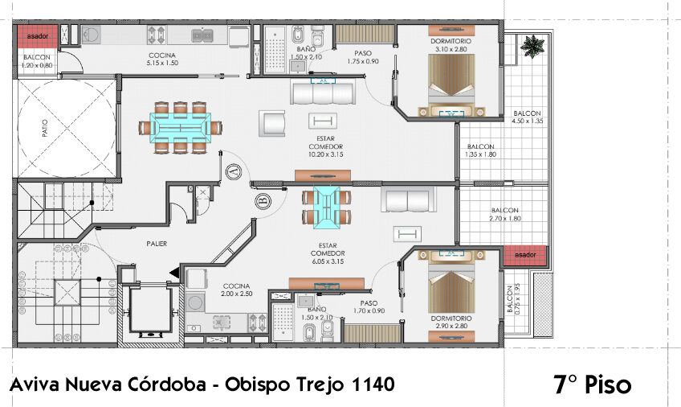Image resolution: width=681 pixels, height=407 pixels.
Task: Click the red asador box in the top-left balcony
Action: (37, 36)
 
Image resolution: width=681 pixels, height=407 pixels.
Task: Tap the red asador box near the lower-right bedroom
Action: (526, 255)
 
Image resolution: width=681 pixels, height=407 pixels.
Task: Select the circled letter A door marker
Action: (234, 171)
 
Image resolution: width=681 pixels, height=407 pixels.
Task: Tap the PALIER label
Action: (157, 244)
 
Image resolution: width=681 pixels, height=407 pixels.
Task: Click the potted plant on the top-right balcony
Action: (531, 46)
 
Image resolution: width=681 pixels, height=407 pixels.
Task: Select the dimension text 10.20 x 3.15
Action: (325, 154)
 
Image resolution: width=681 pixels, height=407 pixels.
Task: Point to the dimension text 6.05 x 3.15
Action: (325, 261)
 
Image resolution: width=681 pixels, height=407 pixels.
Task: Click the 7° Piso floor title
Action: (593, 384)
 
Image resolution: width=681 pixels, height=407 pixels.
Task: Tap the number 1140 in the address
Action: (373, 384)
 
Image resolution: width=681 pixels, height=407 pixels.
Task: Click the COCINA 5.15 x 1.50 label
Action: (161, 58)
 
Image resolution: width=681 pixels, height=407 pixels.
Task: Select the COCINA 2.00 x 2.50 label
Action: (237, 290)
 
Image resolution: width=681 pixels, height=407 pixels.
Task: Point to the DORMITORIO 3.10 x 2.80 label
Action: (450, 44)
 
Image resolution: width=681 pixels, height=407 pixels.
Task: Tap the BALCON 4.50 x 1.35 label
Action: (527, 117)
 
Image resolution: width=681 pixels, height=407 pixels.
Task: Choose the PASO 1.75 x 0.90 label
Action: (363, 58)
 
